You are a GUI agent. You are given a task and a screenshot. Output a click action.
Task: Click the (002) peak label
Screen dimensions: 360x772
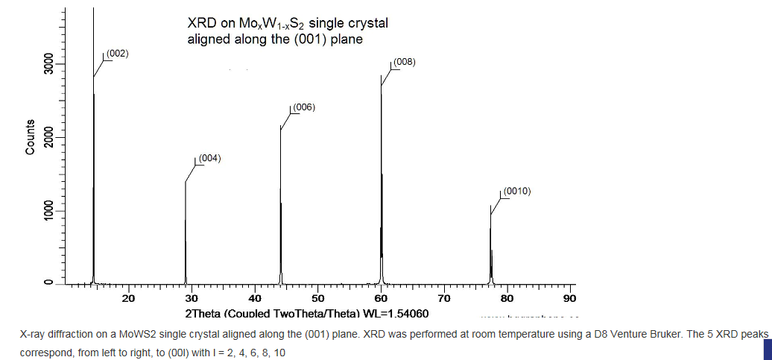coord(117,54)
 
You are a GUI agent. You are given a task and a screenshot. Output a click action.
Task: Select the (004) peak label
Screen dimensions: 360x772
coord(209,158)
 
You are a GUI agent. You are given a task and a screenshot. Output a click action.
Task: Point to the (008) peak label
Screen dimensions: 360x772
coord(403,62)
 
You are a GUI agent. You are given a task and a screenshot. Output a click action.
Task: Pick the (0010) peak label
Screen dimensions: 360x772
coord(516,192)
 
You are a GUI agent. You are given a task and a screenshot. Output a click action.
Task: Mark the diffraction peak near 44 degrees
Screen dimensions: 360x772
coord(281,209)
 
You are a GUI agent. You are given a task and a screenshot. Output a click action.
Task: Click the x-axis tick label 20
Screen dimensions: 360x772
coord(128,299)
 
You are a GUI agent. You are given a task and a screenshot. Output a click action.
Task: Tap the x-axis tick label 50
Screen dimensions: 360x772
coord(317,299)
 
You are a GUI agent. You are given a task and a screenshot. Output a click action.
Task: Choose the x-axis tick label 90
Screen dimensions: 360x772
coord(570,299)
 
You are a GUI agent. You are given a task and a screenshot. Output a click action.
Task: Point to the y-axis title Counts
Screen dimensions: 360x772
coord(30,137)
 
